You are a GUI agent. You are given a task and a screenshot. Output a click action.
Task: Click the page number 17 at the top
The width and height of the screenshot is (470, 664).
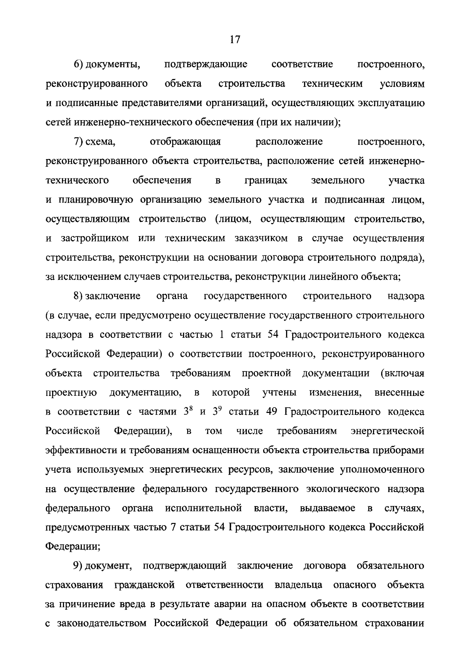235,39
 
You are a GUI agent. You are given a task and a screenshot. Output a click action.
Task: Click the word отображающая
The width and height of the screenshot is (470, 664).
185,142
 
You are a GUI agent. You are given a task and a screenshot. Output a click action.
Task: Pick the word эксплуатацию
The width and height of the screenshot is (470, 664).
391,103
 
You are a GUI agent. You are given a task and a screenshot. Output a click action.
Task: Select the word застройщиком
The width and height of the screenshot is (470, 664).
95,239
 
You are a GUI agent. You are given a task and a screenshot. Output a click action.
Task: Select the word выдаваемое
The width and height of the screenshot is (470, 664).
328,508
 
